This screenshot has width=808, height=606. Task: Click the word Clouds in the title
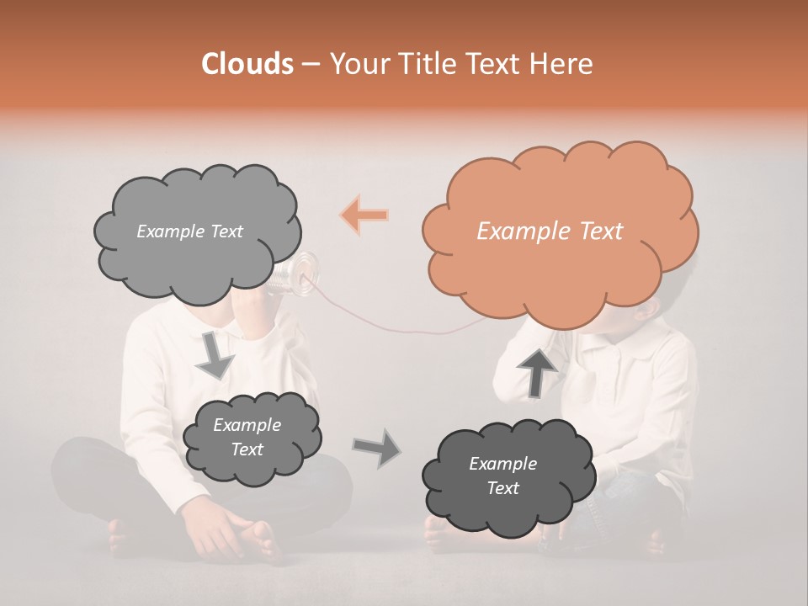click(247, 64)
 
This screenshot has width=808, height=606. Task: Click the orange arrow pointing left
click(364, 215)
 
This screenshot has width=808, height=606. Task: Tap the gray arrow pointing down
click(215, 355)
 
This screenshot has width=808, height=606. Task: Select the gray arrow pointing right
click(376, 447)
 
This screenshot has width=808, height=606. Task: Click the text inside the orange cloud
click(550, 231)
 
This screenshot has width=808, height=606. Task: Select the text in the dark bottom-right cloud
click(502, 476)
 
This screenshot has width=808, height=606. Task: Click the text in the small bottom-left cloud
click(247, 438)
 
